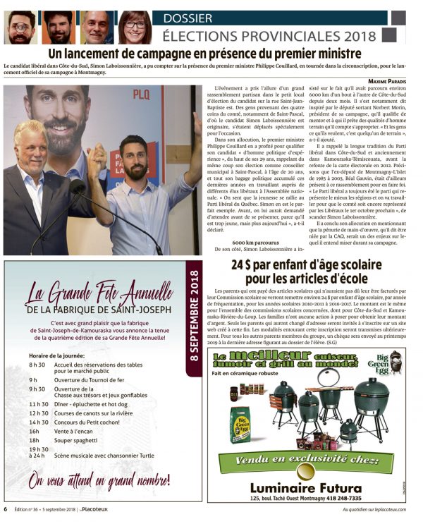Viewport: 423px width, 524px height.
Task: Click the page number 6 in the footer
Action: pos(6,509)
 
